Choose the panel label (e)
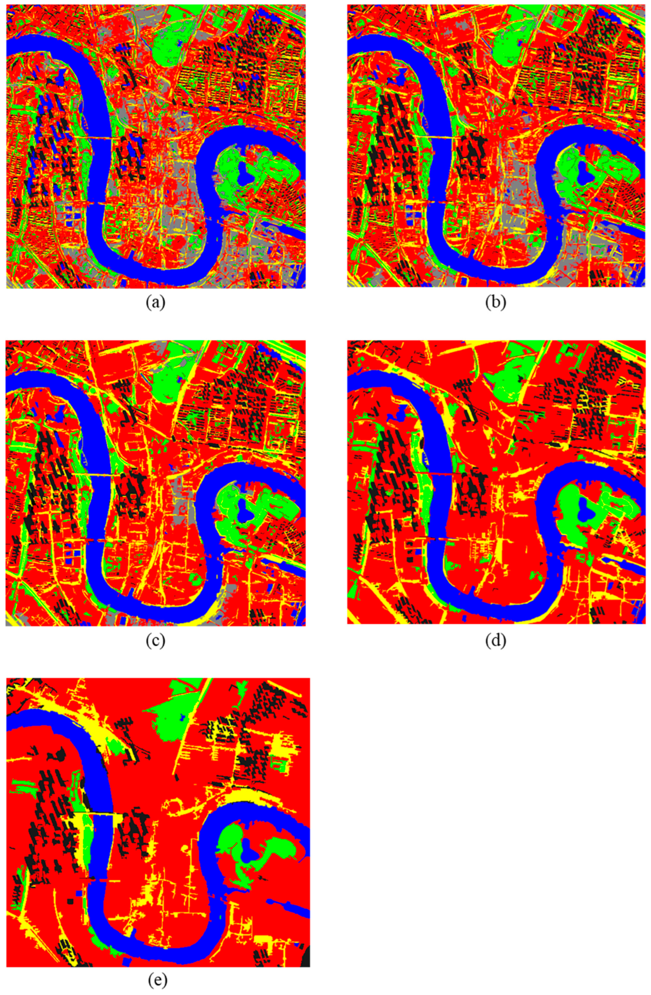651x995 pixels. click(157, 980)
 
